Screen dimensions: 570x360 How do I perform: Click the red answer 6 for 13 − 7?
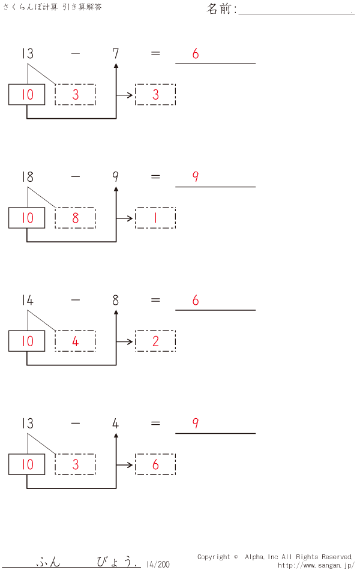(x=196, y=54)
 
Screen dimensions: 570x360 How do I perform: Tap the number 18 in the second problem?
(x=27, y=177)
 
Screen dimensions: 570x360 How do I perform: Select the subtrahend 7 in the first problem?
(x=115, y=54)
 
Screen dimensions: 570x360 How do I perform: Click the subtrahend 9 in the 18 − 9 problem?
(x=115, y=177)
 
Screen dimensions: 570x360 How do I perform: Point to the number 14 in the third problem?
(x=27, y=300)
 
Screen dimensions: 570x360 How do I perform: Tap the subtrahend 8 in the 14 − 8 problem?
(x=115, y=300)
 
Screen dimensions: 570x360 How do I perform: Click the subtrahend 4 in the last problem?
(x=115, y=424)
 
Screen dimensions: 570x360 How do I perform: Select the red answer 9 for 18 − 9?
(x=196, y=177)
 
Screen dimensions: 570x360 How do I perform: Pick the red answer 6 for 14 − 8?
(x=196, y=300)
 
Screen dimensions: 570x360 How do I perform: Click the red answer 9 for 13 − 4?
(x=196, y=423)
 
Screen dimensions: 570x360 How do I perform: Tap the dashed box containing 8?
(x=75, y=218)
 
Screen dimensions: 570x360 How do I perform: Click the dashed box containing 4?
(x=75, y=341)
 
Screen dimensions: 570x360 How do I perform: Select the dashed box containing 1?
(x=155, y=218)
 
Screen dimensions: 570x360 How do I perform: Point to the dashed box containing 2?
(x=155, y=341)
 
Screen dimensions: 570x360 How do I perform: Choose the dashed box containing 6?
(x=155, y=464)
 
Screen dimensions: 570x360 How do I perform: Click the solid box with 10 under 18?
(x=27, y=218)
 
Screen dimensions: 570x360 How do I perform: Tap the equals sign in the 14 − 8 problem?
(x=155, y=300)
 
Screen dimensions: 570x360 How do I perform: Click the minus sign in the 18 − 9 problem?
(x=75, y=177)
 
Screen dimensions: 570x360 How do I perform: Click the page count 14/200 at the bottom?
(x=158, y=564)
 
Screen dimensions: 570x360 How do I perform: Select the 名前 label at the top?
(x=221, y=9)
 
